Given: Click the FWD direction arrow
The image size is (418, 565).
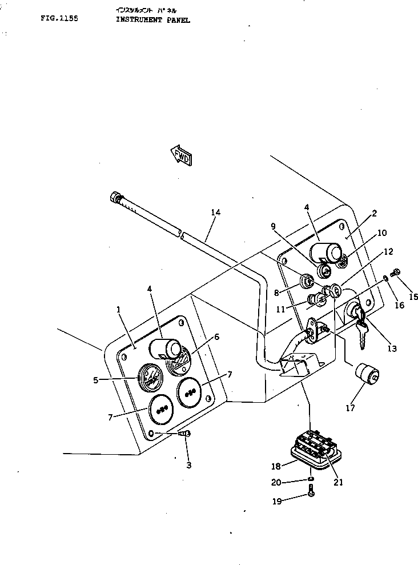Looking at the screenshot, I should click(181, 155).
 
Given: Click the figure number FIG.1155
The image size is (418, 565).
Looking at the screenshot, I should click(59, 18).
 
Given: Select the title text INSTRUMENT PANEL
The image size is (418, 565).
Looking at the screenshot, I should click(152, 19).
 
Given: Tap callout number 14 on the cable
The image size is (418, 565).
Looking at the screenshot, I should click(215, 213).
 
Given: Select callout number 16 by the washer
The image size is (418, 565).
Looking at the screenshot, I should click(399, 306).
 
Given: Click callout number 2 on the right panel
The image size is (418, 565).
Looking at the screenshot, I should click(374, 214).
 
